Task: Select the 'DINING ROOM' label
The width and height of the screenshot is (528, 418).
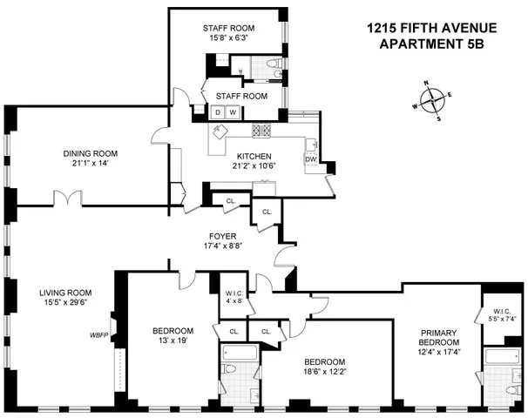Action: coord(90,153)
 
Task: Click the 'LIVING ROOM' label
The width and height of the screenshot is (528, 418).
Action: coord(62,292)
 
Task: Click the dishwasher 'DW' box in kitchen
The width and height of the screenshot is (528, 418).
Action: coord(311,159)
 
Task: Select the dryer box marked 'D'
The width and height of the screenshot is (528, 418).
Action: coord(218,111)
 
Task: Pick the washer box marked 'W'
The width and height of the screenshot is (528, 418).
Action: coord(233,111)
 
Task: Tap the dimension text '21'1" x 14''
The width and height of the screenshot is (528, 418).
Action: coord(90,164)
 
